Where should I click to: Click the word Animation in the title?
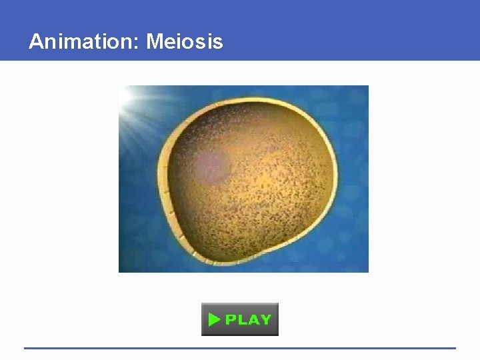82,42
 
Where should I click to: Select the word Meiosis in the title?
185,42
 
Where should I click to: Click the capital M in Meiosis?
155,42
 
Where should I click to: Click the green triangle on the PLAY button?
214,320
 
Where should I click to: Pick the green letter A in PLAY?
253,320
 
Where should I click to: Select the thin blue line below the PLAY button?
240,348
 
